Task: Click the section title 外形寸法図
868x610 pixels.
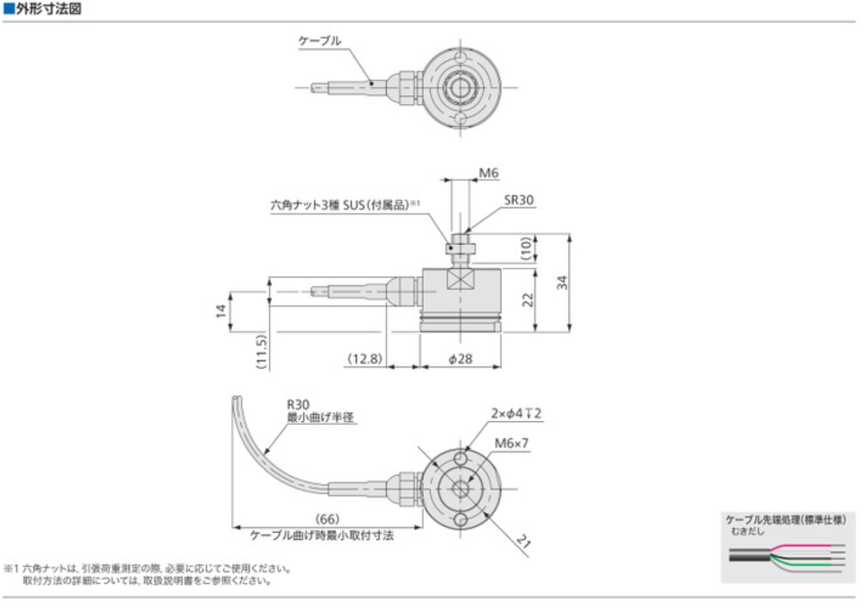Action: point(46,10)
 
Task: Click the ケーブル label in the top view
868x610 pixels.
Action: point(320,41)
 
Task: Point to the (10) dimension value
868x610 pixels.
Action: point(528,250)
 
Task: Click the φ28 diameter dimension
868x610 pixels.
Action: point(460,359)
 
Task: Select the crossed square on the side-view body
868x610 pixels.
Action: point(460,278)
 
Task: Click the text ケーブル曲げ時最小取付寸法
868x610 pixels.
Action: point(321,536)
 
